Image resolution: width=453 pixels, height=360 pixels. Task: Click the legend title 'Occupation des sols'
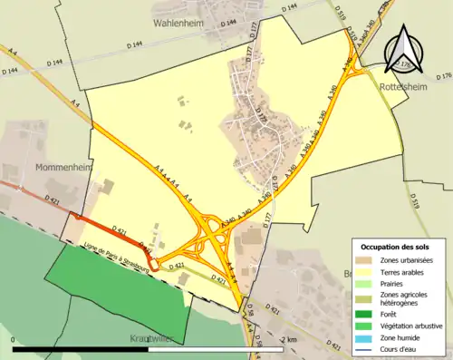(x=395, y=247)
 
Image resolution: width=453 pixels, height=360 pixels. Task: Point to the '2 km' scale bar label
(x=288, y=339)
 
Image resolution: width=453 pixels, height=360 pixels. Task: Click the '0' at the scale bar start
(x=14, y=339)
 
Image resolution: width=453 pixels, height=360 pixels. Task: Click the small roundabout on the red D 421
(x=155, y=264)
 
